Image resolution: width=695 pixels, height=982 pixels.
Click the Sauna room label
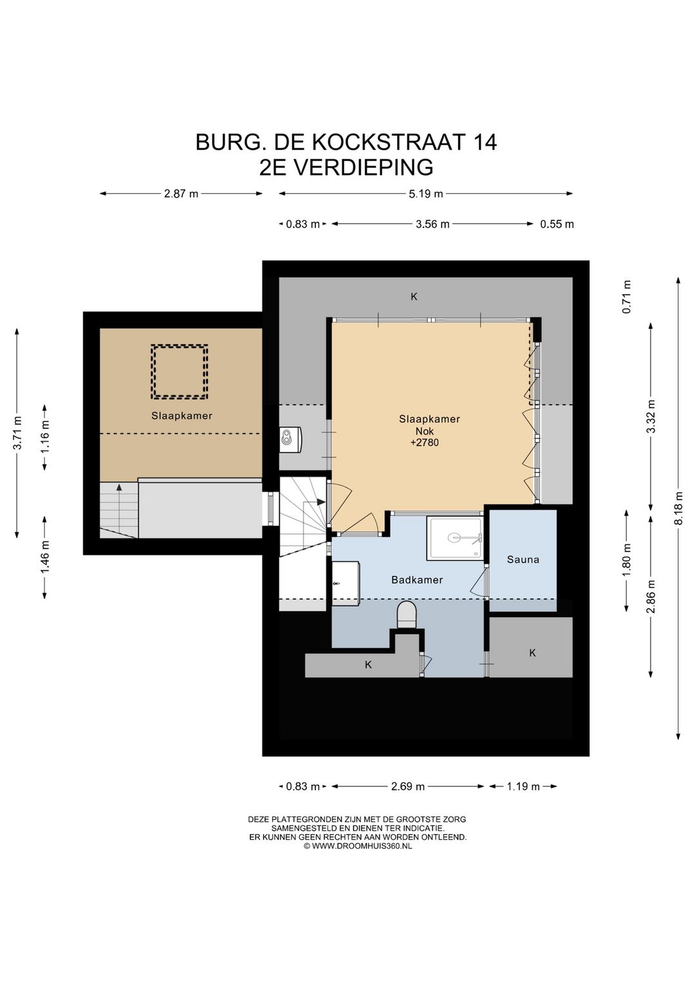(523, 559)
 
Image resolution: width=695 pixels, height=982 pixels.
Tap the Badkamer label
(416, 580)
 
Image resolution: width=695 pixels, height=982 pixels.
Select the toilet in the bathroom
(407, 614)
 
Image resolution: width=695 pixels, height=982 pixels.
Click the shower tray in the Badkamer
(455, 538)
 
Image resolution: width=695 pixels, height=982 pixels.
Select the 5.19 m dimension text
(426, 194)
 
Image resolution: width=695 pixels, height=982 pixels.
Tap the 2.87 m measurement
(181, 194)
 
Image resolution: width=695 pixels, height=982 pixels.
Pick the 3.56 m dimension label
(432, 225)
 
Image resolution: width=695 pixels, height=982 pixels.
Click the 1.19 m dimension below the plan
(523, 786)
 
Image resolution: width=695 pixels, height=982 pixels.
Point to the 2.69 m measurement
(408, 786)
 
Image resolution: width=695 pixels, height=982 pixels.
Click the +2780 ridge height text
(425, 442)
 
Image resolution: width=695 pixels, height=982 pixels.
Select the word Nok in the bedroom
(425, 431)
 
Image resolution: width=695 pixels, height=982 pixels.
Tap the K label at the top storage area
(414, 297)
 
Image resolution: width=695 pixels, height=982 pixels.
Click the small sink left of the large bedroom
(290, 438)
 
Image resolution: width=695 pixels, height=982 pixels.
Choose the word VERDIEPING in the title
(362, 167)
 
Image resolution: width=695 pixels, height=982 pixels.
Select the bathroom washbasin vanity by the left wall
(346, 583)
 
